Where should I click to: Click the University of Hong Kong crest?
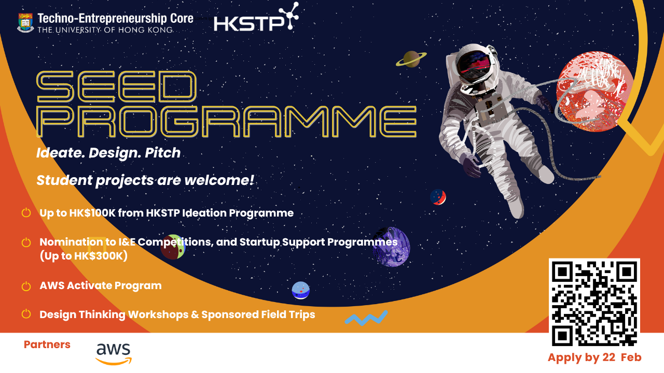coord(25,22)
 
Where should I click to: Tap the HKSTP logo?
coord(256,17)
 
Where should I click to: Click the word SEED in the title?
coord(117,87)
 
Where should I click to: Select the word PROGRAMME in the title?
coord(227,121)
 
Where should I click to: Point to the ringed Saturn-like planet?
coord(411,59)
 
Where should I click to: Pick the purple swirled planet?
coord(392,247)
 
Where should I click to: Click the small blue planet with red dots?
coord(300,290)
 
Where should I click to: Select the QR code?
coord(594,302)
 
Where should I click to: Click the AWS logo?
coord(114,354)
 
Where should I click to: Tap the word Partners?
coord(47,345)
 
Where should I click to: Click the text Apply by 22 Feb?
coord(594,357)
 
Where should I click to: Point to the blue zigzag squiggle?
coord(366,318)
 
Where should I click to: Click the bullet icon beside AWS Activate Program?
coord(26,286)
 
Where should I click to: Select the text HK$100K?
coord(92,213)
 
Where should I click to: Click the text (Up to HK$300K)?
coord(84,256)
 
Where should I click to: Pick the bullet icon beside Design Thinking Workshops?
coord(26,314)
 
